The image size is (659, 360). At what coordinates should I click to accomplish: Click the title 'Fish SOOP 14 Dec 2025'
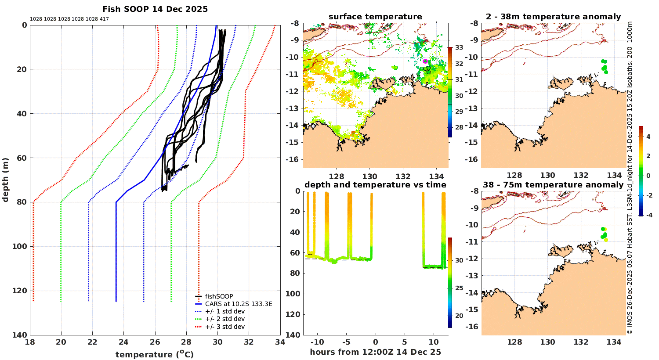click(155, 9)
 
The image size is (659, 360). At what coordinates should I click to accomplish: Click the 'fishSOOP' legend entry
click(219, 296)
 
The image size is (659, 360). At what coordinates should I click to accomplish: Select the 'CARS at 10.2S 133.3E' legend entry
click(239, 304)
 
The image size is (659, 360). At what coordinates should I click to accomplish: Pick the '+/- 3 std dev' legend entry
click(224, 327)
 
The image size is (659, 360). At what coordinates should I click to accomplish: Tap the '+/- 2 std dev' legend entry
click(224, 319)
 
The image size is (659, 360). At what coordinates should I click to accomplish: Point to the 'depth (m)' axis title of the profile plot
click(6, 180)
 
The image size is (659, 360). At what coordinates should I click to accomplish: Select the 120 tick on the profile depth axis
click(21, 291)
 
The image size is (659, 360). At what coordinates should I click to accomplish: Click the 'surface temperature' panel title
click(375, 17)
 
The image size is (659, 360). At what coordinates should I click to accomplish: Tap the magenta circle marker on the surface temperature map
click(425, 61)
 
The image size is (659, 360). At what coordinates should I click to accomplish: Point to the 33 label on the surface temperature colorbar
click(459, 47)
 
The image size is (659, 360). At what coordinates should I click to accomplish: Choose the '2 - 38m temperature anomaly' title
click(553, 17)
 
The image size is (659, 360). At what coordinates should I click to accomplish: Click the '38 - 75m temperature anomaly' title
click(553, 185)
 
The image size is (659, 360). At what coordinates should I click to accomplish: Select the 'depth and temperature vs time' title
click(375, 185)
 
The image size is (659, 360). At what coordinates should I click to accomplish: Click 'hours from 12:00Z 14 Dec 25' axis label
click(375, 352)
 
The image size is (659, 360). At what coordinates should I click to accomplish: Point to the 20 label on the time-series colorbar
click(459, 316)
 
